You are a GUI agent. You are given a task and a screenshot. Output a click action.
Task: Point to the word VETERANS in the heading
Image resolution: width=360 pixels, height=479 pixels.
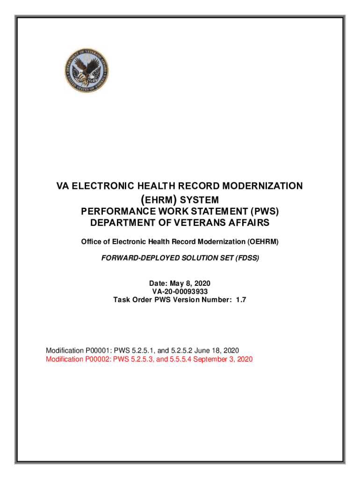point(201,223)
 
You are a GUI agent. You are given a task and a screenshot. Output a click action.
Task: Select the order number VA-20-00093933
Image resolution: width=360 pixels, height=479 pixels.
point(180,291)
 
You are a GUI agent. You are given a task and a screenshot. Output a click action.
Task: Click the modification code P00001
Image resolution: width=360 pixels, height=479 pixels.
point(94,351)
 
